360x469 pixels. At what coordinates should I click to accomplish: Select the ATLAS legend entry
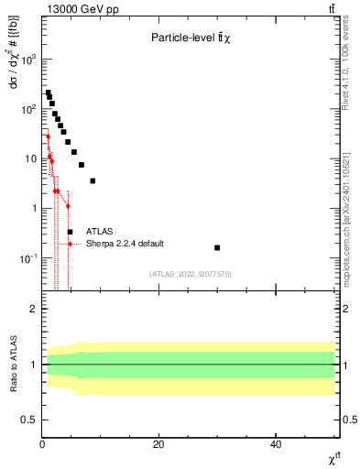pyautogui.click(x=101, y=232)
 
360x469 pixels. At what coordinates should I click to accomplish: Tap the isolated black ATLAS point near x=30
pyautogui.click(x=217, y=247)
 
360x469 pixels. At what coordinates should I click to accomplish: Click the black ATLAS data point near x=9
pyautogui.click(x=93, y=180)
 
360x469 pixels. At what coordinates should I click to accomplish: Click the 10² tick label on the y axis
pyautogui.click(x=29, y=109)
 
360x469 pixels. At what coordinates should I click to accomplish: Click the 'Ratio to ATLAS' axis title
pyautogui.click(x=13, y=364)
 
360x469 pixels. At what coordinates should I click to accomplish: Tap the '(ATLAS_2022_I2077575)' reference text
pyautogui.click(x=189, y=274)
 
